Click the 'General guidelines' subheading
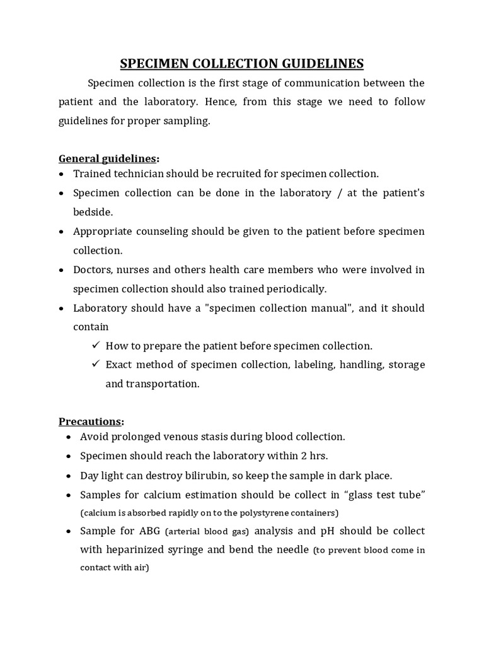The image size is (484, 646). [107, 158]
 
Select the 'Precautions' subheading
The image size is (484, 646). [90, 421]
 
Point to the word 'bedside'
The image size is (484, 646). [93, 212]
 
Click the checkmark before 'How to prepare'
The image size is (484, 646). [96, 345]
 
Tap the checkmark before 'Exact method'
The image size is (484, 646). [96, 364]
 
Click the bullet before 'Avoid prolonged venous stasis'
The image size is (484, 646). [68, 437]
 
